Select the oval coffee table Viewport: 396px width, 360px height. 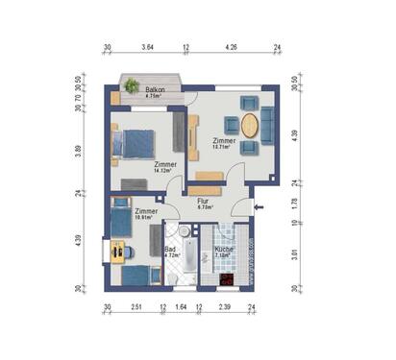click(250, 126)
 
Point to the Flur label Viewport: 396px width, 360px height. click(203, 201)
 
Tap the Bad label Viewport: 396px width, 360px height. click(170, 250)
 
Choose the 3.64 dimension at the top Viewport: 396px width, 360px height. click(148, 46)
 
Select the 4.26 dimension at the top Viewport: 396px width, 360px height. click(232, 46)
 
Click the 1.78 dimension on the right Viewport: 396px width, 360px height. click(295, 203)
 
